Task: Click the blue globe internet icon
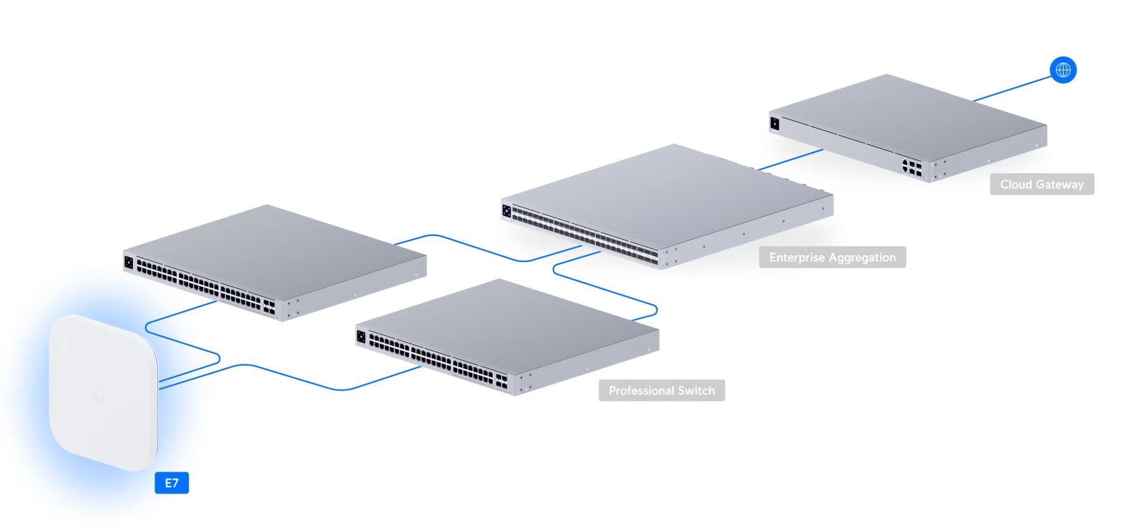pos(1063,69)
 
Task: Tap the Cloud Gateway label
pos(1041,184)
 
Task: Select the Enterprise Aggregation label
pos(832,258)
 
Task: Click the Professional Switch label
pos(661,391)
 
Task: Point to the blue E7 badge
pos(172,483)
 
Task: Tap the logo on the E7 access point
pos(100,395)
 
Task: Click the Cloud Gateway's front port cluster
pos(911,167)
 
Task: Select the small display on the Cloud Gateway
pos(775,124)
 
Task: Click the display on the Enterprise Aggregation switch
pos(507,211)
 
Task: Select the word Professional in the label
pos(638,391)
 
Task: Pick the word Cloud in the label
pos(1015,184)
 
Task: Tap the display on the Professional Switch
pos(361,337)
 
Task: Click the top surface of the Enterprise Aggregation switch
pos(668,191)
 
